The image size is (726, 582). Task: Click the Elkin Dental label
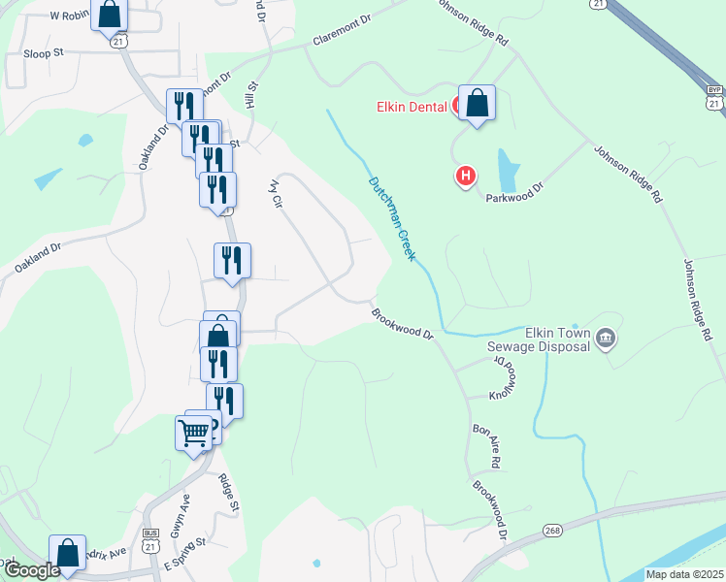coord(412,107)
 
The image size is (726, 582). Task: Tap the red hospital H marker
coord(466,176)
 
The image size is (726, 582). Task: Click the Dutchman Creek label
coord(391,218)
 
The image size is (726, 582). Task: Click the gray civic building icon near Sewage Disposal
coord(606,338)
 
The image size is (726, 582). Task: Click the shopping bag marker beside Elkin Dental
coord(477,103)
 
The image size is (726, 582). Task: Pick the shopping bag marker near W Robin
coord(110,15)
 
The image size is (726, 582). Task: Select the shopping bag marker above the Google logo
coord(67,553)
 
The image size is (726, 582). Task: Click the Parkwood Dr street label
coord(514,194)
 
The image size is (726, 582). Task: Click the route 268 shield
coord(552,531)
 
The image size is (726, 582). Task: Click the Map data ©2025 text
coord(683,574)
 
